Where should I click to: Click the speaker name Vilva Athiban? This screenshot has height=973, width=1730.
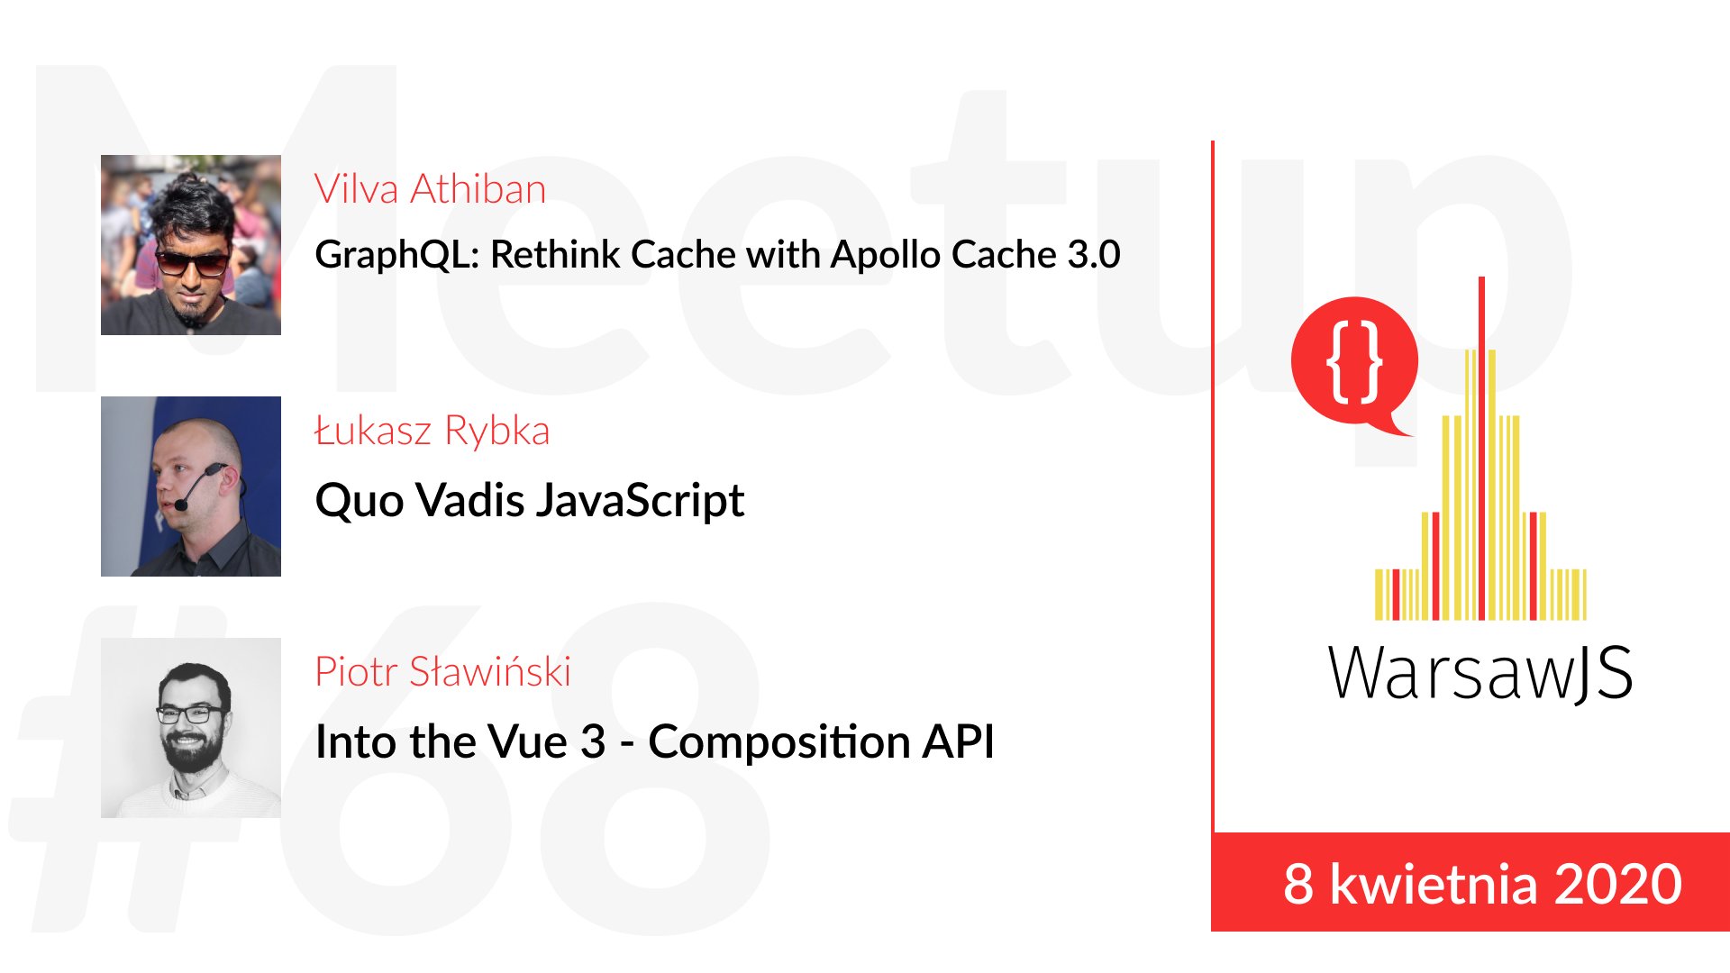point(431,189)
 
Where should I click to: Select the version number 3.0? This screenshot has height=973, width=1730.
point(1094,255)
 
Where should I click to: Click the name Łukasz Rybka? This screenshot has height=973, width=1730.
point(432,431)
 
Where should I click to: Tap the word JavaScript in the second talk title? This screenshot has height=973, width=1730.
point(641,501)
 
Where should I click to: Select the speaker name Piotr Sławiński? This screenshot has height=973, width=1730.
point(442,672)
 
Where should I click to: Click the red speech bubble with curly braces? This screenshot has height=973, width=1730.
point(1354,362)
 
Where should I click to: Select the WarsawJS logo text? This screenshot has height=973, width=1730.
point(1480,673)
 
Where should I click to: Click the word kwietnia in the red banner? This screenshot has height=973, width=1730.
point(1433,884)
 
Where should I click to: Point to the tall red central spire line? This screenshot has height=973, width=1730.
point(1481,448)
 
